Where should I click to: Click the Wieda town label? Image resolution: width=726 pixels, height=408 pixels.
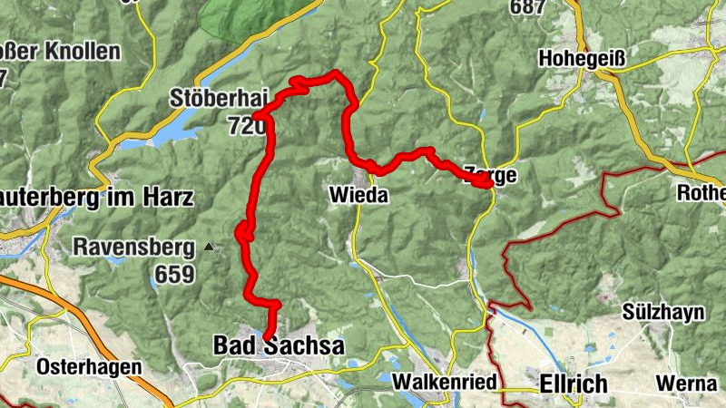[x=358, y=195]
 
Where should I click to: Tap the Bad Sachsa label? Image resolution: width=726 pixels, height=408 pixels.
[x=278, y=345]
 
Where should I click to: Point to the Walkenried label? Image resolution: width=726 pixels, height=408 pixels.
[x=442, y=383]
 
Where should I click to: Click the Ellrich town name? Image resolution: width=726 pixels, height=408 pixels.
[x=574, y=384]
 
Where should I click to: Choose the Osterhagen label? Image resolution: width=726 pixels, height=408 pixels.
[x=90, y=367]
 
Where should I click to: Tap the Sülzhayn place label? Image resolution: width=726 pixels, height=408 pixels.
[x=663, y=312]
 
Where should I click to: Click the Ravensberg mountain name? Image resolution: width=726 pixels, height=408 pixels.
[x=134, y=246]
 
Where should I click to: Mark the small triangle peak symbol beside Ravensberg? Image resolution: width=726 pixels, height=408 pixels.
[x=211, y=246]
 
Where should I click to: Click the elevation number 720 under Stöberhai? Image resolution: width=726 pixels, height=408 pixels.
[x=246, y=126]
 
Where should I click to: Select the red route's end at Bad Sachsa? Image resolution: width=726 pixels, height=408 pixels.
[x=266, y=336]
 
